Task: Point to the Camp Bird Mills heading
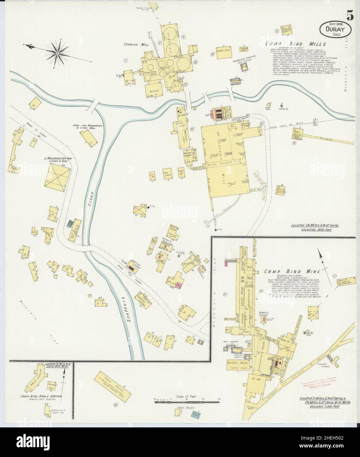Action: tap(295, 44)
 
